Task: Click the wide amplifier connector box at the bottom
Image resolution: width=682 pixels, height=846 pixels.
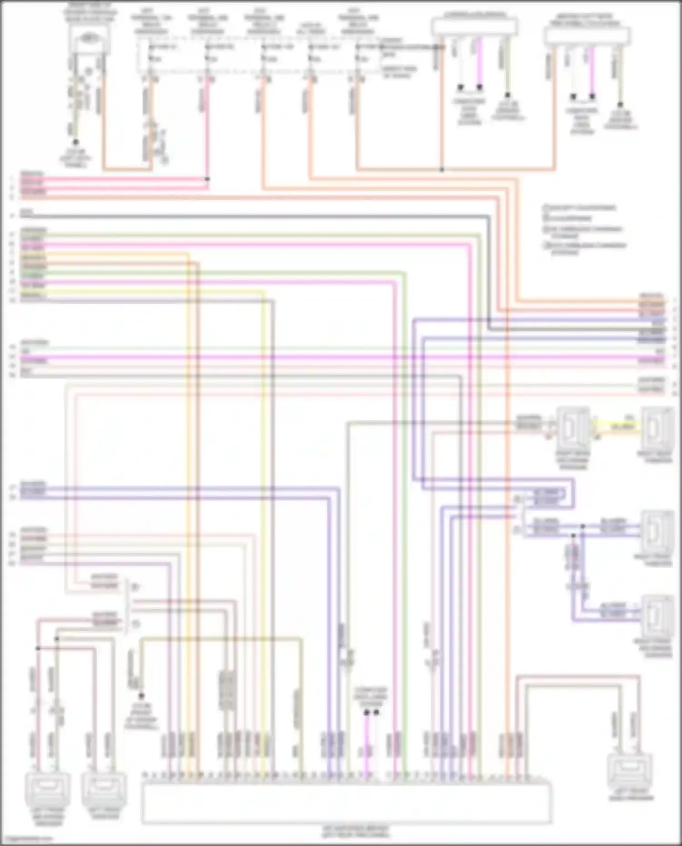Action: (346, 803)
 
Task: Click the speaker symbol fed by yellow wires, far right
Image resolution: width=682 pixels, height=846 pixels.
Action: (658, 428)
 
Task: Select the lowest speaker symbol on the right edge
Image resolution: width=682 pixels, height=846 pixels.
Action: (658, 616)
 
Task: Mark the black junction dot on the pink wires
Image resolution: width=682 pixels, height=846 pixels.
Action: (207, 179)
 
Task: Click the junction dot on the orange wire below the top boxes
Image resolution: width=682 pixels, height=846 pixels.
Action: (441, 170)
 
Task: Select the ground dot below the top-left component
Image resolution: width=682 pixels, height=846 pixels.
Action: (76, 142)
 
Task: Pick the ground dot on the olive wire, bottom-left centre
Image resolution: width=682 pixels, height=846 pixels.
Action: (141, 696)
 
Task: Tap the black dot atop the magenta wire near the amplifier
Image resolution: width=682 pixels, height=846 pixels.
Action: (366, 713)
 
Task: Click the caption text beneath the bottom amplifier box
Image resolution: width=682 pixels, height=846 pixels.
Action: (355, 832)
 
